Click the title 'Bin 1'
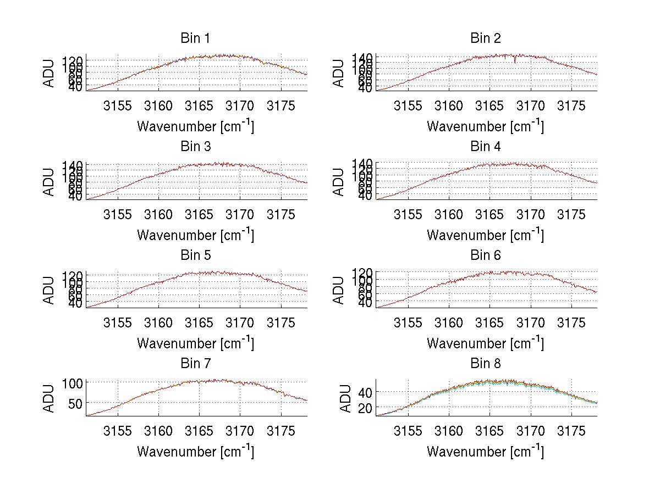(195, 38)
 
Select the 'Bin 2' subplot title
(486, 38)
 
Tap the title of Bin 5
(195, 255)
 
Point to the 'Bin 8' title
(486, 364)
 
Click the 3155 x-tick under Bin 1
(118, 105)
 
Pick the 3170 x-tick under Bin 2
(531, 105)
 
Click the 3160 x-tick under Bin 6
(449, 322)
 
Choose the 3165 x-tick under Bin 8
(490, 431)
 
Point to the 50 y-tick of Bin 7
(76, 403)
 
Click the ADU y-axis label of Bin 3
(50, 181)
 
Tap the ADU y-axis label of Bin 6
(339, 290)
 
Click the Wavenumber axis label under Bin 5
(195, 343)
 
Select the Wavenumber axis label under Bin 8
(486, 452)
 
